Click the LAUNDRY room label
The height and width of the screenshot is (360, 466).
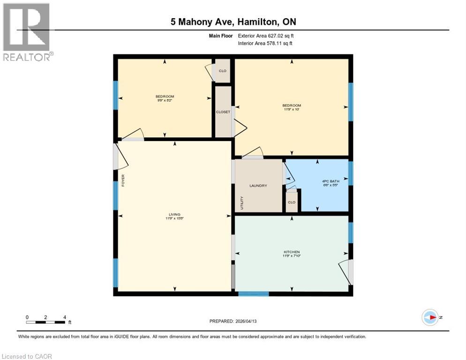[x=258, y=186]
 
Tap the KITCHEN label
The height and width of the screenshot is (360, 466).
[x=291, y=252]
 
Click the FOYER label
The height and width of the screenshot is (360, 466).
[x=123, y=180]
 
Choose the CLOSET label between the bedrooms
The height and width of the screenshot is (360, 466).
[x=223, y=112]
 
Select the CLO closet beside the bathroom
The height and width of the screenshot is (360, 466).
[x=292, y=202]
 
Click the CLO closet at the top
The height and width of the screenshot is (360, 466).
[x=223, y=71]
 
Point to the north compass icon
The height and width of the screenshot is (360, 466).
[x=430, y=317]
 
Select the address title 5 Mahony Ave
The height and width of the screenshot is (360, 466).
[x=233, y=22]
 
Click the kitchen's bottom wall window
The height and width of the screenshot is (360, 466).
[x=254, y=294]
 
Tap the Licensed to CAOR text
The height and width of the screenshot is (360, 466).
[x=27, y=356]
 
